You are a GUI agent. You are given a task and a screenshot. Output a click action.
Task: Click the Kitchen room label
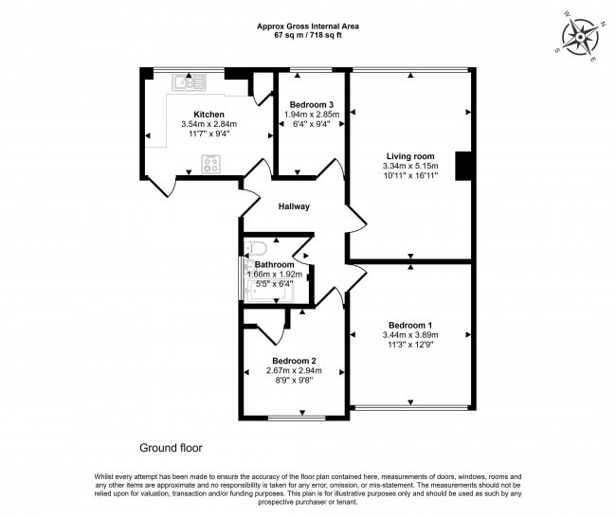pos(209,115)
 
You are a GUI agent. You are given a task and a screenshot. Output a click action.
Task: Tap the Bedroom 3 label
pos(312,105)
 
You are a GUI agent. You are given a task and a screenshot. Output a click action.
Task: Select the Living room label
pos(410,156)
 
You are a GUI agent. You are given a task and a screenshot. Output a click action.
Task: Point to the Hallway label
pos(294,206)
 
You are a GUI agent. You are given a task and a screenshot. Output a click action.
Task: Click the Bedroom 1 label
pos(410,326)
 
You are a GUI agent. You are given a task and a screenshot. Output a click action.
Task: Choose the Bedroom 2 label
pos(294,361)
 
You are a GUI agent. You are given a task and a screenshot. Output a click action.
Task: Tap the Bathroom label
pos(274,264)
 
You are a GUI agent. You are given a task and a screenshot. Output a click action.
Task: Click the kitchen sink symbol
pos(189,82)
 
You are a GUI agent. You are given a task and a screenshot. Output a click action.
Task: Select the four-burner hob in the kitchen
pos(211,164)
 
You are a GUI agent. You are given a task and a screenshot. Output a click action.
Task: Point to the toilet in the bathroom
pos(255,248)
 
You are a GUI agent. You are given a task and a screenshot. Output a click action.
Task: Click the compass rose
pos(580,38)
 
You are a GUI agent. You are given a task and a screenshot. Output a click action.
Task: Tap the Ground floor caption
pos(171,448)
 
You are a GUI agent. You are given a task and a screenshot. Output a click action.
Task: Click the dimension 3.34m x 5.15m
pos(410,166)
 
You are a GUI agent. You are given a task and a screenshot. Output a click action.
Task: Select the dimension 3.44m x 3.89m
pos(410,335)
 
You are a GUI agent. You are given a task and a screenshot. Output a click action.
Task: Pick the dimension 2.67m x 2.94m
pos(294,370)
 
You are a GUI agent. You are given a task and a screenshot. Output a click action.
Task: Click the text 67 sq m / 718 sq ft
pos(308,35)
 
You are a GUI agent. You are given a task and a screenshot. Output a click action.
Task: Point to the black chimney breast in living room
pos(463,166)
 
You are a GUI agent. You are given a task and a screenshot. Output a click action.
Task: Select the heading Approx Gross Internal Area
pos(308,27)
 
